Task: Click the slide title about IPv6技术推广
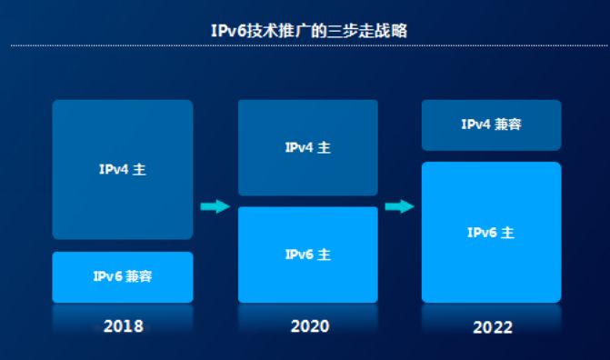pos(309,31)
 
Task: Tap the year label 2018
pos(124,326)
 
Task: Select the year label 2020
pos(310,326)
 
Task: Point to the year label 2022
pos(493,327)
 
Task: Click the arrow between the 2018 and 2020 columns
pos(215,206)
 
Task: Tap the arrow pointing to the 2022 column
pos(399,206)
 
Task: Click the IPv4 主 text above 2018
pos(123,169)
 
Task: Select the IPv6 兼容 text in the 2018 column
pos(123,276)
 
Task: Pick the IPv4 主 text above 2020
pos(307,147)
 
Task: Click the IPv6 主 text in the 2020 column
pos(307,255)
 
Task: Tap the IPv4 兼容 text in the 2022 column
pos(491,125)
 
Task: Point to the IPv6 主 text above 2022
pos(491,233)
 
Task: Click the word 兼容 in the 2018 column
pos(139,276)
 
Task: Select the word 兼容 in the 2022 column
pos(508,125)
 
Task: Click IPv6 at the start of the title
pos(229,31)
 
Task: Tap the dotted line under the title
pos(309,45)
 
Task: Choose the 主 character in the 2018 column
pos(140,169)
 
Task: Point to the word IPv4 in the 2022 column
pos(475,125)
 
